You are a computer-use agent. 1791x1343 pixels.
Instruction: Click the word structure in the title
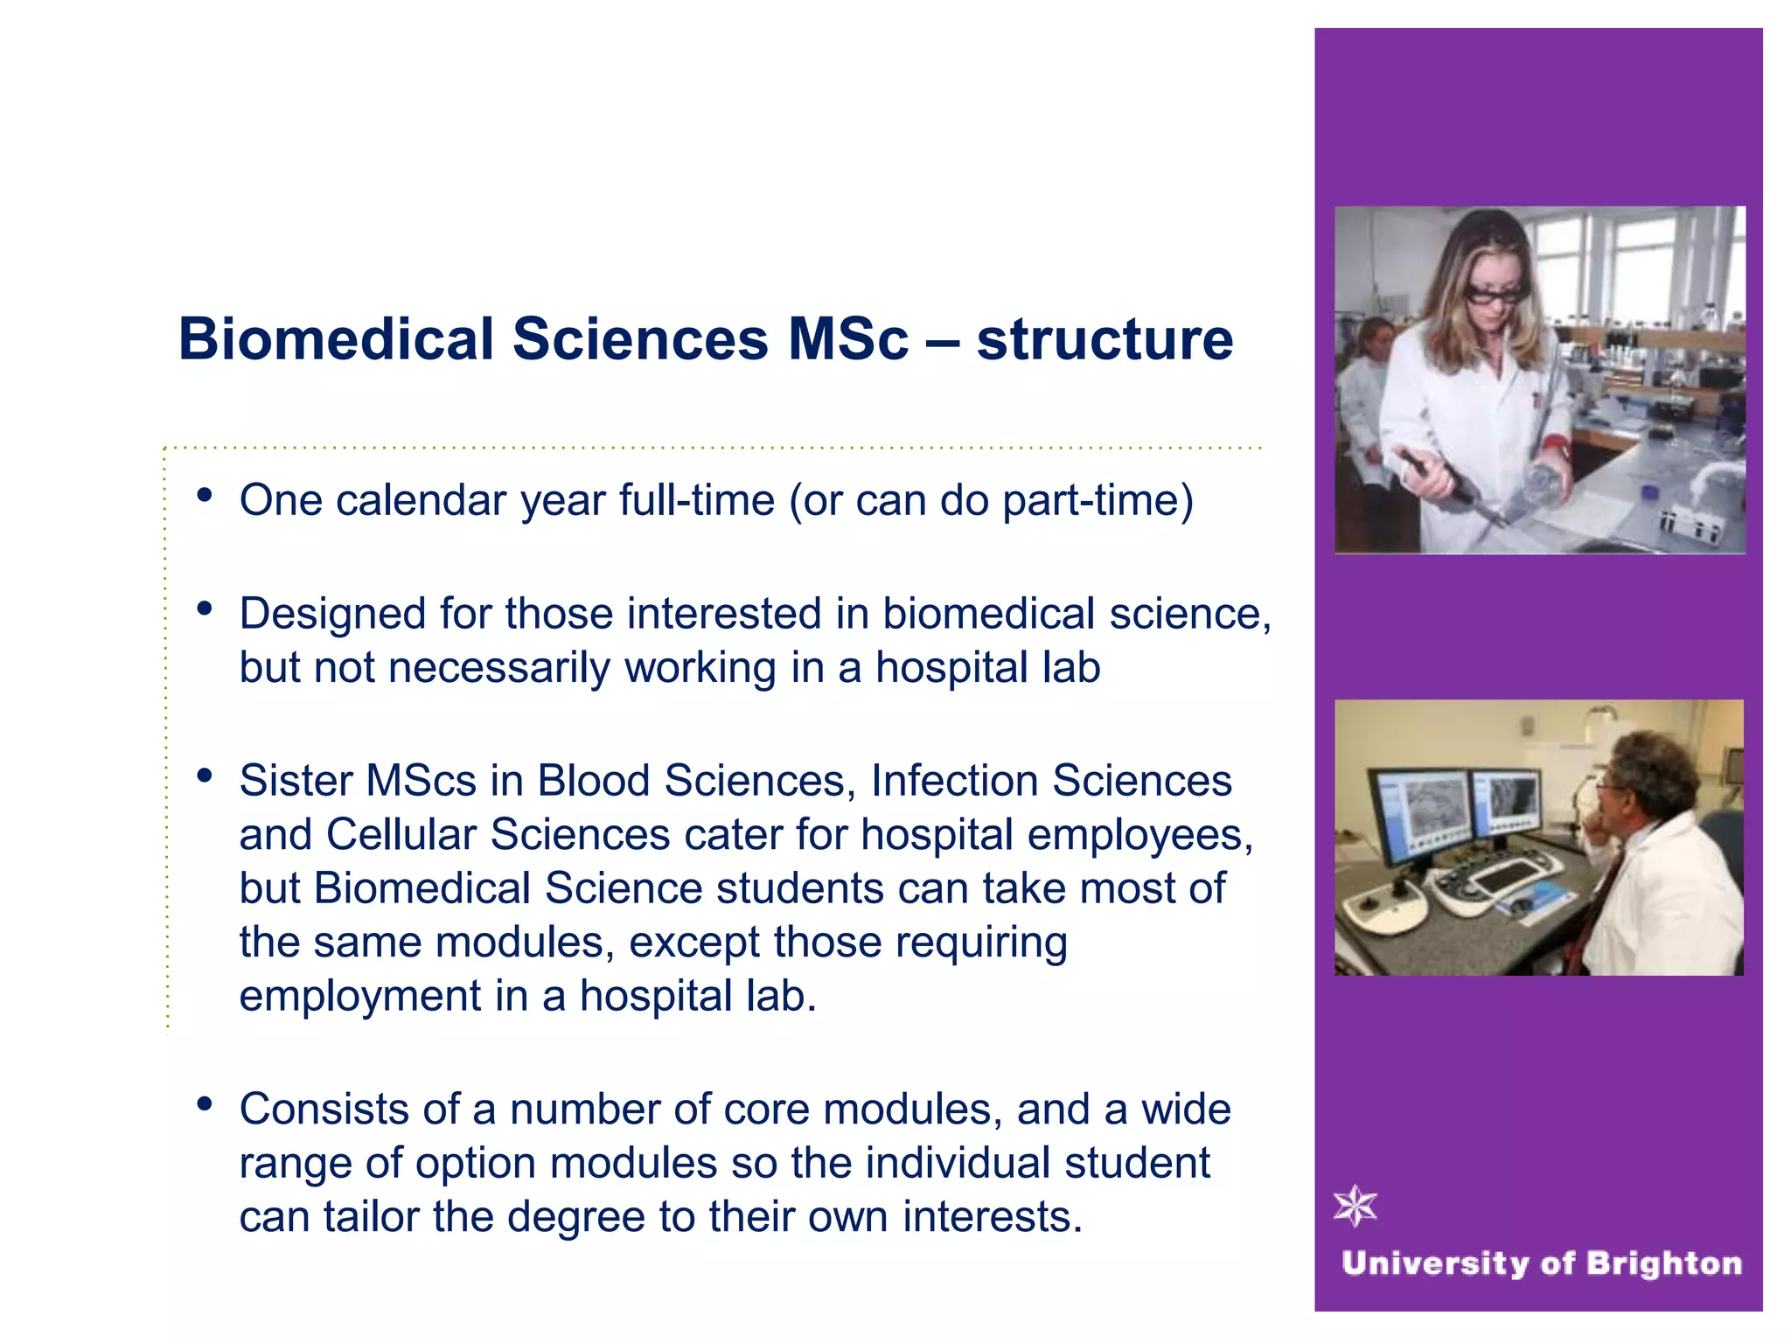tap(1105, 339)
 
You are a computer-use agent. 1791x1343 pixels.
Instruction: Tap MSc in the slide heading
tap(847, 339)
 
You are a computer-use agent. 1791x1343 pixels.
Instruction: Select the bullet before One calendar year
tap(206, 496)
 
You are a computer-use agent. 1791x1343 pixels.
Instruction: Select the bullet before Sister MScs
tap(206, 776)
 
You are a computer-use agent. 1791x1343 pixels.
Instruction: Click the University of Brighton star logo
tap(1355, 1207)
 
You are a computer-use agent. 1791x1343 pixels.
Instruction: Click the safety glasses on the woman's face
tap(1497, 296)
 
